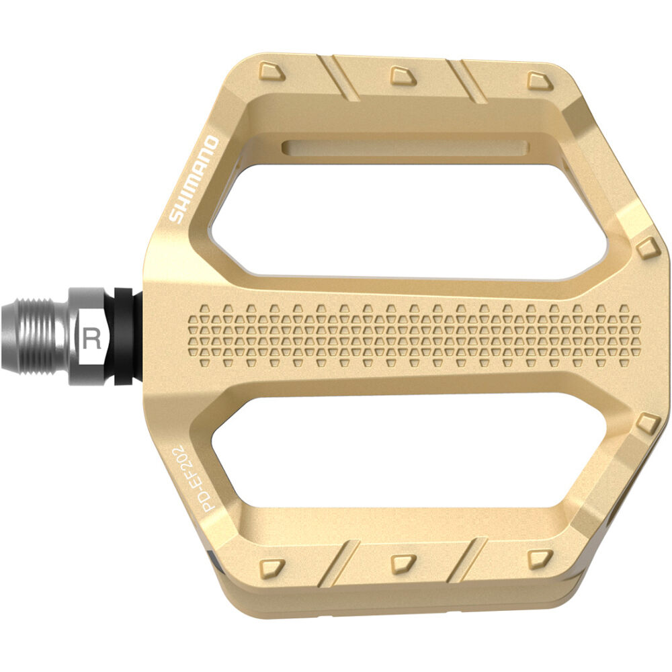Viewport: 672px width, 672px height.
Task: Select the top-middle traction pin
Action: point(403,75)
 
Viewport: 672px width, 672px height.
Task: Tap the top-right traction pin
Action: point(539,81)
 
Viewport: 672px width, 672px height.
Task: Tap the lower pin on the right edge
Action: point(647,423)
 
